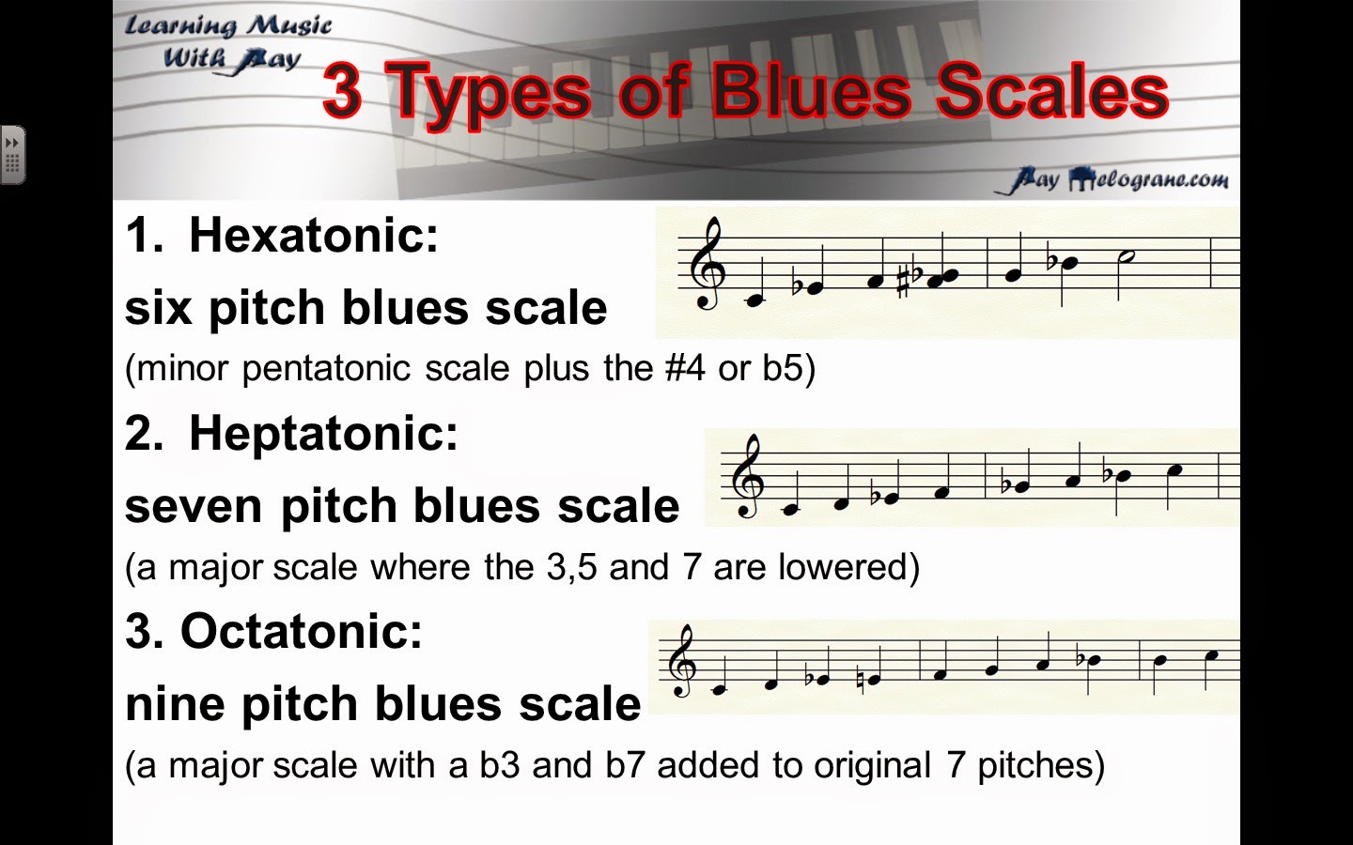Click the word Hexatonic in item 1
[313, 235]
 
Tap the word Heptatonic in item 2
[323, 434]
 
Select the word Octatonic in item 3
[302, 632]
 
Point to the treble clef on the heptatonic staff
[749, 477]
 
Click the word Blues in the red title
[809, 92]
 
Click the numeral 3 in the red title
[342, 92]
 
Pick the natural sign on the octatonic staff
[863, 678]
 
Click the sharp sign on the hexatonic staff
[904, 279]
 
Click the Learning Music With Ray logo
[228, 43]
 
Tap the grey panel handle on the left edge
[12, 155]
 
